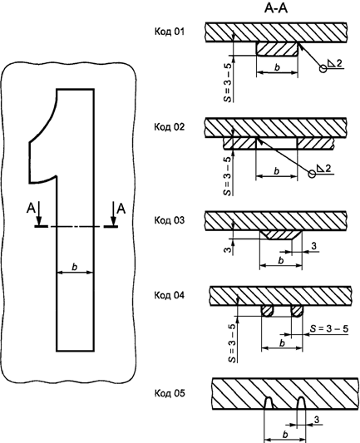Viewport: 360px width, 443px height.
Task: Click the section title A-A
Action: coord(275,8)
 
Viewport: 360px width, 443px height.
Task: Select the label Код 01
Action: coord(170,32)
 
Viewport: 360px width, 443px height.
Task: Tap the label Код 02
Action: coord(170,127)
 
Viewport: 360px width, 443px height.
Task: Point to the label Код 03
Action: coord(170,220)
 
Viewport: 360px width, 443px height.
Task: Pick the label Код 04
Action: coord(170,295)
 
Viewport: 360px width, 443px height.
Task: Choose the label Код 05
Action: coord(170,393)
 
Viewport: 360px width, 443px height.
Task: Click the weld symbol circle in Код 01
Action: coord(323,69)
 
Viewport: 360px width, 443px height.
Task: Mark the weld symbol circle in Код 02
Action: coord(312,174)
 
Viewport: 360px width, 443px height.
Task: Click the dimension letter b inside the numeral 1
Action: coord(75,267)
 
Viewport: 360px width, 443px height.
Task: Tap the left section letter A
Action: coord(31,209)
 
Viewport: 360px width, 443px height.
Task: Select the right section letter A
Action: coord(121,209)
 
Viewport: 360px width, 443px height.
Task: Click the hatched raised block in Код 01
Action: coord(277,49)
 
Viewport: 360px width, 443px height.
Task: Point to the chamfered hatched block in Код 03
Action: coord(281,235)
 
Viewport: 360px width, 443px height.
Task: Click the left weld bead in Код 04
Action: coord(268,311)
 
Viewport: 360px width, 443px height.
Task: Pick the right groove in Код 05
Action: coord(302,403)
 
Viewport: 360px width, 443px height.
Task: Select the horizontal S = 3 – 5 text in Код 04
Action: coord(329,329)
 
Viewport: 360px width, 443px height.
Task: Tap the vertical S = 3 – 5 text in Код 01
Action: coord(228,83)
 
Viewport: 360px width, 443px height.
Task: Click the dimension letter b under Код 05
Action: coord(285,434)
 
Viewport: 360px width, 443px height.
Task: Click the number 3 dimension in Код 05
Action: coord(317,420)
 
